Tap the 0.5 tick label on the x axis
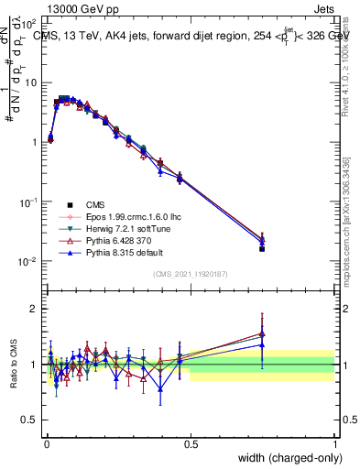[x=191, y=442]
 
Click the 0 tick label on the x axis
[x=46, y=442]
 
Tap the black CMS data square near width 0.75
[x=262, y=248]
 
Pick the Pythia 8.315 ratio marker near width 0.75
[x=262, y=344]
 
